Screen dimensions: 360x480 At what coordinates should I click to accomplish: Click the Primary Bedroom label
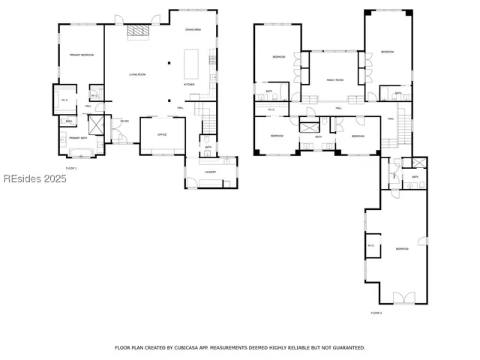(x=81, y=55)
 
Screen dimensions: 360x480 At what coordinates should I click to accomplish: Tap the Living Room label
(x=136, y=74)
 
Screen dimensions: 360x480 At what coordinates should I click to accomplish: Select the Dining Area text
(x=193, y=29)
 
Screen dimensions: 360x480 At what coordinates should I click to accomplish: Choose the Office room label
(x=161, y=134)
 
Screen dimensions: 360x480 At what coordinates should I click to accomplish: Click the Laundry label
(x=210, y=172)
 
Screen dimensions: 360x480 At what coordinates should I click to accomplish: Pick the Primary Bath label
(x=79, y=138)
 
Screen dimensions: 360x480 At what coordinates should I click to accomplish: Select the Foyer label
(x=124, y=121)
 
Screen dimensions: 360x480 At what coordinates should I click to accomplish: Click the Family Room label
(x=334, y=79)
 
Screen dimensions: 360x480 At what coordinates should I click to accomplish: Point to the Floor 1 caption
(x=71, y=169)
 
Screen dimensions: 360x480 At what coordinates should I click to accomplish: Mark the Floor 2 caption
(x=376, y=313)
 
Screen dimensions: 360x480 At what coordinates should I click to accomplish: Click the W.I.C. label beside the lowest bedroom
(x=370, y=245)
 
